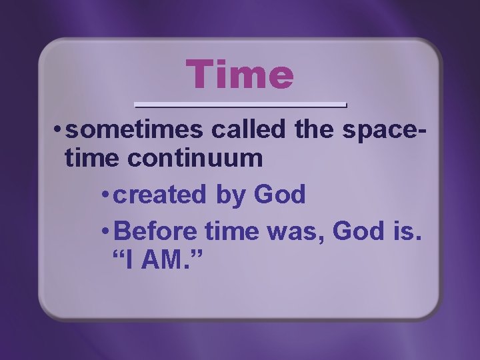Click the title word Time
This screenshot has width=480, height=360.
[239, 74]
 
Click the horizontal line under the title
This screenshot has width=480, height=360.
[241, 105]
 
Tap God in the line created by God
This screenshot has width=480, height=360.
[280, 195]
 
